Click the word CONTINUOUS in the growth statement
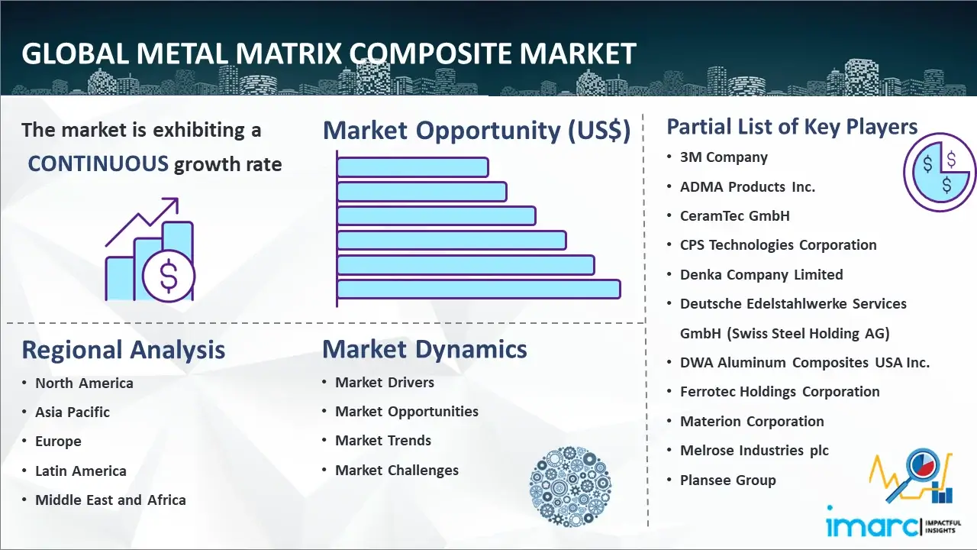tap(98, 164)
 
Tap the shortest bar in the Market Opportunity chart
tap(413, 167)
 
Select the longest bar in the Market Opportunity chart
tap(479, 290)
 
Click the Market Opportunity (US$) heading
tap(477, 131)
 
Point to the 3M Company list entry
tap(724, 157)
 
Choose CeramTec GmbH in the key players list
tap(734, 215)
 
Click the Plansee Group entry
tap(728, 480)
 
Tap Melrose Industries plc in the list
tap(754, 451)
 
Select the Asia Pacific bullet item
tap(73, 412)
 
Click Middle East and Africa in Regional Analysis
tap(111, 500)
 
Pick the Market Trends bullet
tap(383, 441)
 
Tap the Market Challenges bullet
tap(397, 470)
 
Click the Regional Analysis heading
tap(124, 350)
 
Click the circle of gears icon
tap(570, 486)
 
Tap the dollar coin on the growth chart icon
tap(169, 276)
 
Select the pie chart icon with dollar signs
tap(940, 173)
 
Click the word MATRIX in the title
tap(289, 54)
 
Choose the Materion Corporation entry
tap(752, 421)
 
